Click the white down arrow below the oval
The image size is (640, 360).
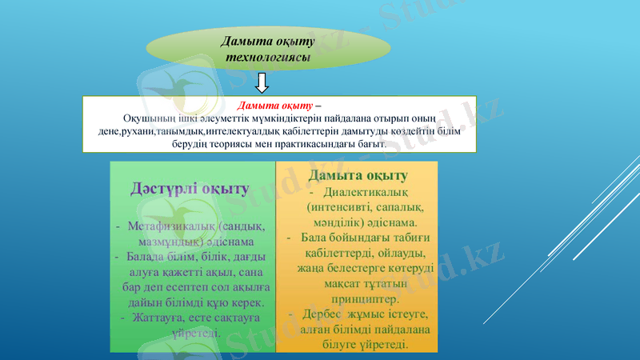pyautogui.click(x=262, y=82)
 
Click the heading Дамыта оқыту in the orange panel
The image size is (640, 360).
pyautogui.click(x=359, y=175)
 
